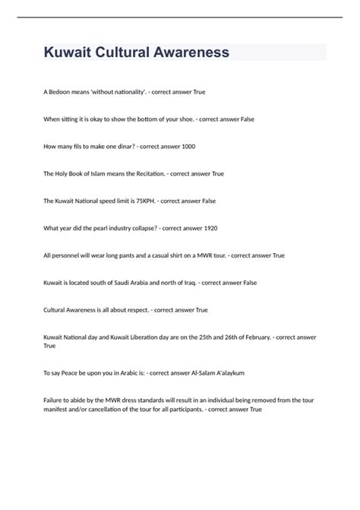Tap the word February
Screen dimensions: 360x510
pos(252,337)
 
